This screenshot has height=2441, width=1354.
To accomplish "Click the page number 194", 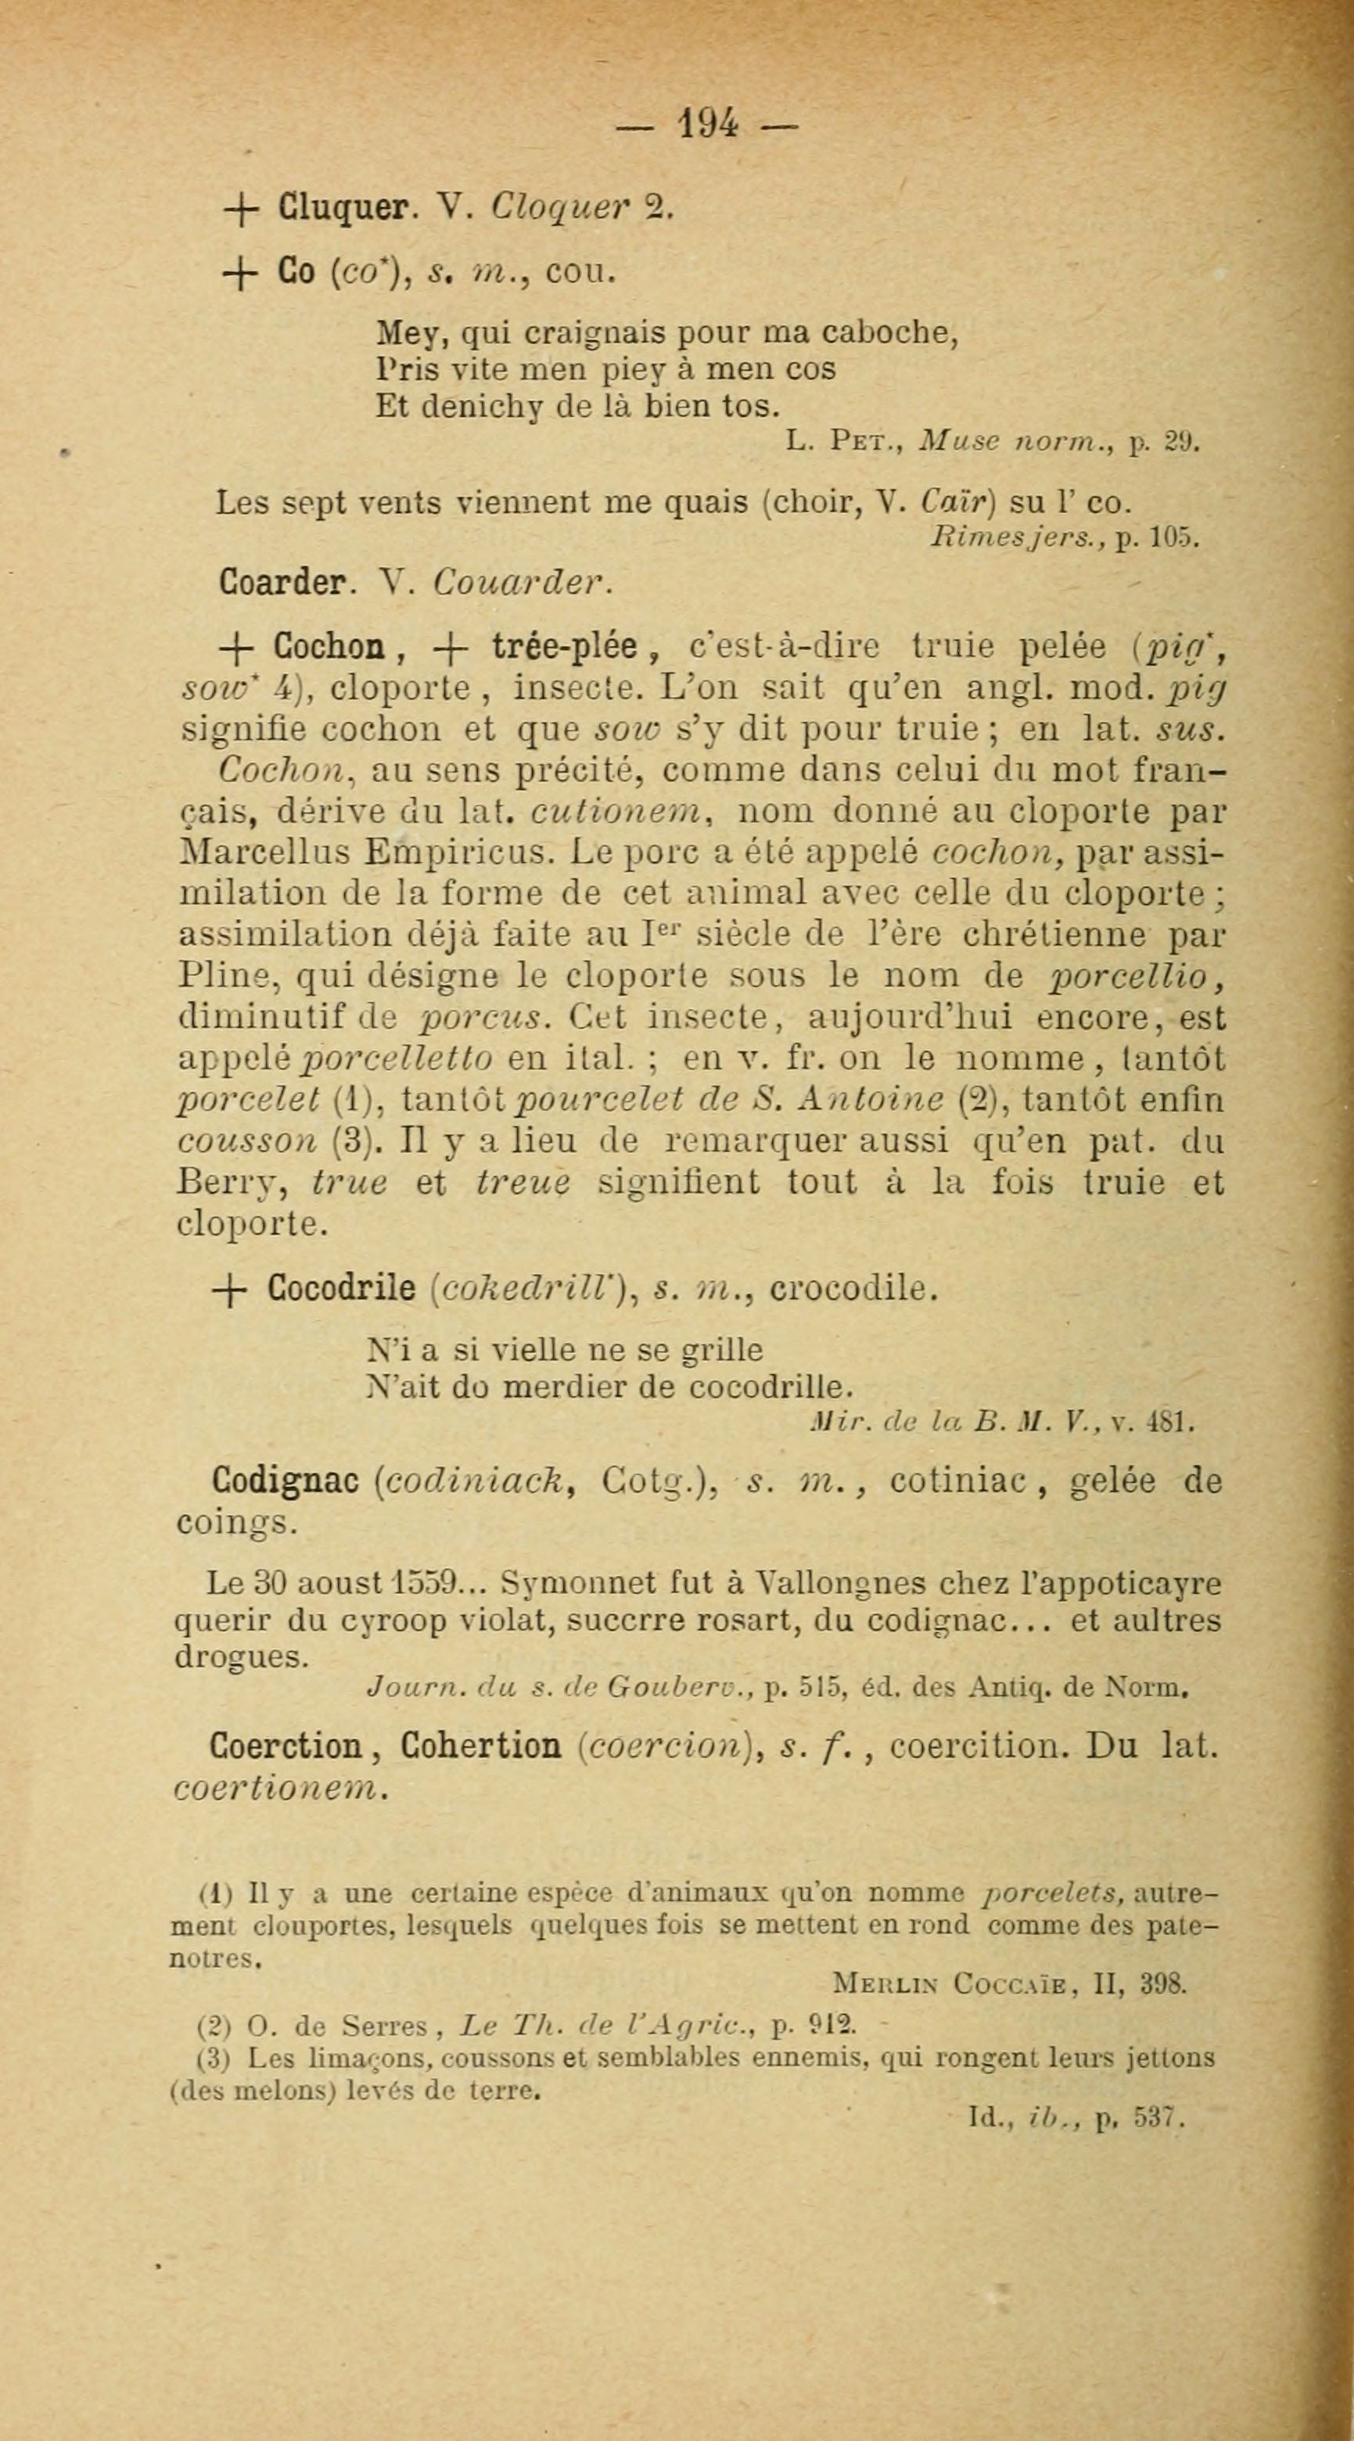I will click(x=708, y=124).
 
